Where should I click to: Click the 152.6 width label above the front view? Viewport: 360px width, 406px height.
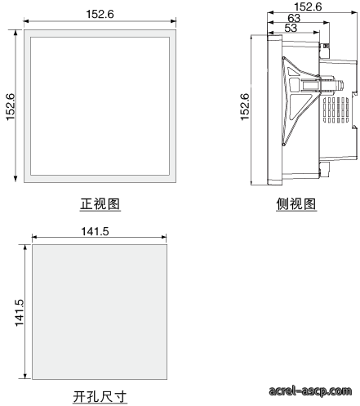(x=100, y=14)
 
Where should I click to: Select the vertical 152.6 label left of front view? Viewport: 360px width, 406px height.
(x=11, y=107)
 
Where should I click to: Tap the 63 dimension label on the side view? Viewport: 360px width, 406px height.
(x=294, y=19)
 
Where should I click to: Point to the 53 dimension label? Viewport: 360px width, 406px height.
(x=291, y=28)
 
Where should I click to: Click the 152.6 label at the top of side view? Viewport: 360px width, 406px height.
(x=308, y=7)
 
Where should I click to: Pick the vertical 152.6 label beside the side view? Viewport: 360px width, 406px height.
(x=245, y=107)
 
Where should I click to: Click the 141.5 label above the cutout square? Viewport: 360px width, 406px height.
(x=95, y=231)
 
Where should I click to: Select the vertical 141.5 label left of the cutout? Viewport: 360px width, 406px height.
(x=20, y=313)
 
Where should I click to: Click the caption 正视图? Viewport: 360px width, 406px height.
(x=100, y=204)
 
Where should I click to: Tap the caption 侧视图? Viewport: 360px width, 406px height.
(x=296, y=204)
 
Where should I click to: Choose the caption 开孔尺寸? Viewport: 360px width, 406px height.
(x=100, y=397)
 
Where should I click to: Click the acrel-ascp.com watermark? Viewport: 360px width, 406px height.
(x=310, y=390)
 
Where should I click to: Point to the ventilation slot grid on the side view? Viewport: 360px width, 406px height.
(x=336, y=110)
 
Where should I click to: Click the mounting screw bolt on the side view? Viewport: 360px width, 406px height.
(x=331, y=85)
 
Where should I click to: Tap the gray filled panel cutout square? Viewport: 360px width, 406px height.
(x=100, y=312)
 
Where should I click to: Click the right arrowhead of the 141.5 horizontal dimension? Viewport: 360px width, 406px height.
(x=164, y=237)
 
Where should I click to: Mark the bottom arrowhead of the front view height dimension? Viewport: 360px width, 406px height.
(x=16, y=179)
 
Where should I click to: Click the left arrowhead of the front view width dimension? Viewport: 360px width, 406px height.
(x=26, y=21)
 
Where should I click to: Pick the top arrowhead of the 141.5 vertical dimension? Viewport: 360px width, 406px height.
(x=25, y=248)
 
